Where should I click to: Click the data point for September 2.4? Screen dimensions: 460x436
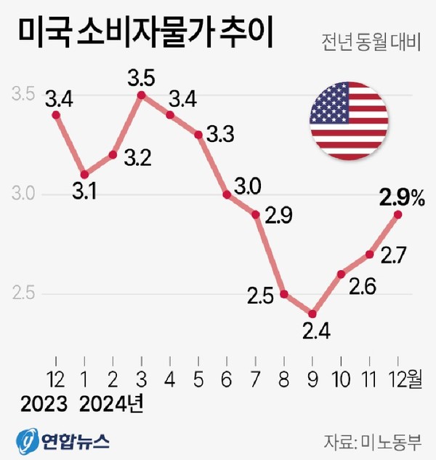pos(312,314)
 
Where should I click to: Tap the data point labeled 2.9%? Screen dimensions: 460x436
pos(398,214)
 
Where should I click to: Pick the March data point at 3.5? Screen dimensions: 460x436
pos(142,95)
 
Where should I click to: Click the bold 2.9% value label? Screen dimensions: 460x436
pos(402,196)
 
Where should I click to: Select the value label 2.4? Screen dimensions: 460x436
pos(317,333)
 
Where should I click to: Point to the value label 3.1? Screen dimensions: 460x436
pos(85,193)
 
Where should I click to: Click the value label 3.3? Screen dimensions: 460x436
pos(219,135)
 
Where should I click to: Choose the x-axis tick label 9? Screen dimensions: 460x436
pos(312,378)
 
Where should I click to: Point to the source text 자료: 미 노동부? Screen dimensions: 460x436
pos(379,440)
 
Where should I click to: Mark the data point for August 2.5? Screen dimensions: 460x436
pos(284,294)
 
